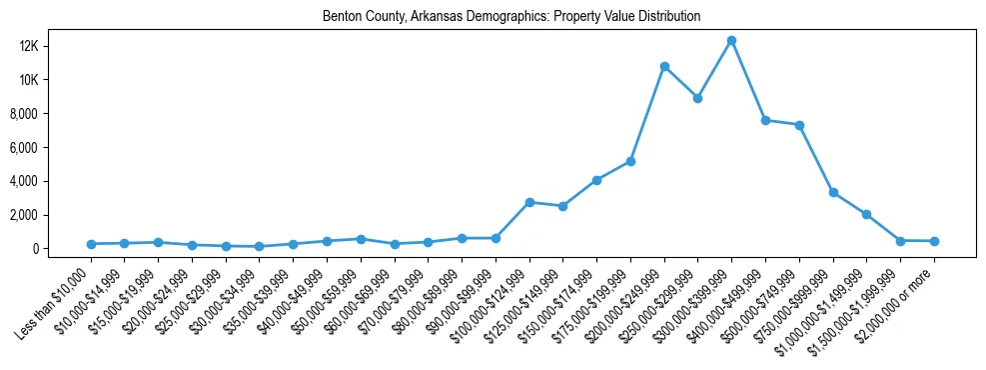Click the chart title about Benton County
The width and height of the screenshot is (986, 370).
pyautogui.click(x=511, y=17)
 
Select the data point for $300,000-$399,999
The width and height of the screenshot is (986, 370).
pyautogui.click(x=731, y=41)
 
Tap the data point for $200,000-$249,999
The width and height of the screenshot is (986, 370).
pyautogui.click(x=664, y=67)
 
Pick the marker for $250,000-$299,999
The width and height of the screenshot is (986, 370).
pyautogui.click(x=697, y=98)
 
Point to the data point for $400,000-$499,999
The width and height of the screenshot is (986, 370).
pyautogui.click(x=765, y=120)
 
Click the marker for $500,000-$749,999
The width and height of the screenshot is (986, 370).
pyautogui.click(x=799, y=125)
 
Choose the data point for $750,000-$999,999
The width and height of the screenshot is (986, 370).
pyautogui.click(x=833, y=193)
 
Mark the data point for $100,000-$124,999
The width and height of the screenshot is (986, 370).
pyautogui.click(x=529, y=202)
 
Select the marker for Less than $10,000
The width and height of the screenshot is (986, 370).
pyautogui.click(x=91, y=244)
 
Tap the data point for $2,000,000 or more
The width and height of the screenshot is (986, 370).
pyautogui.click(x=934, y=241)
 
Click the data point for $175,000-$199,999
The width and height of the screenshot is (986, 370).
pyautogui.click(x=630, y=161)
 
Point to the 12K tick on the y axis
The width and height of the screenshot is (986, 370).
pyautogui.click(x=55, y=46)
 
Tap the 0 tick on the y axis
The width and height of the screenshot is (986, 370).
pyautogui.click(x=62, y=249)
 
